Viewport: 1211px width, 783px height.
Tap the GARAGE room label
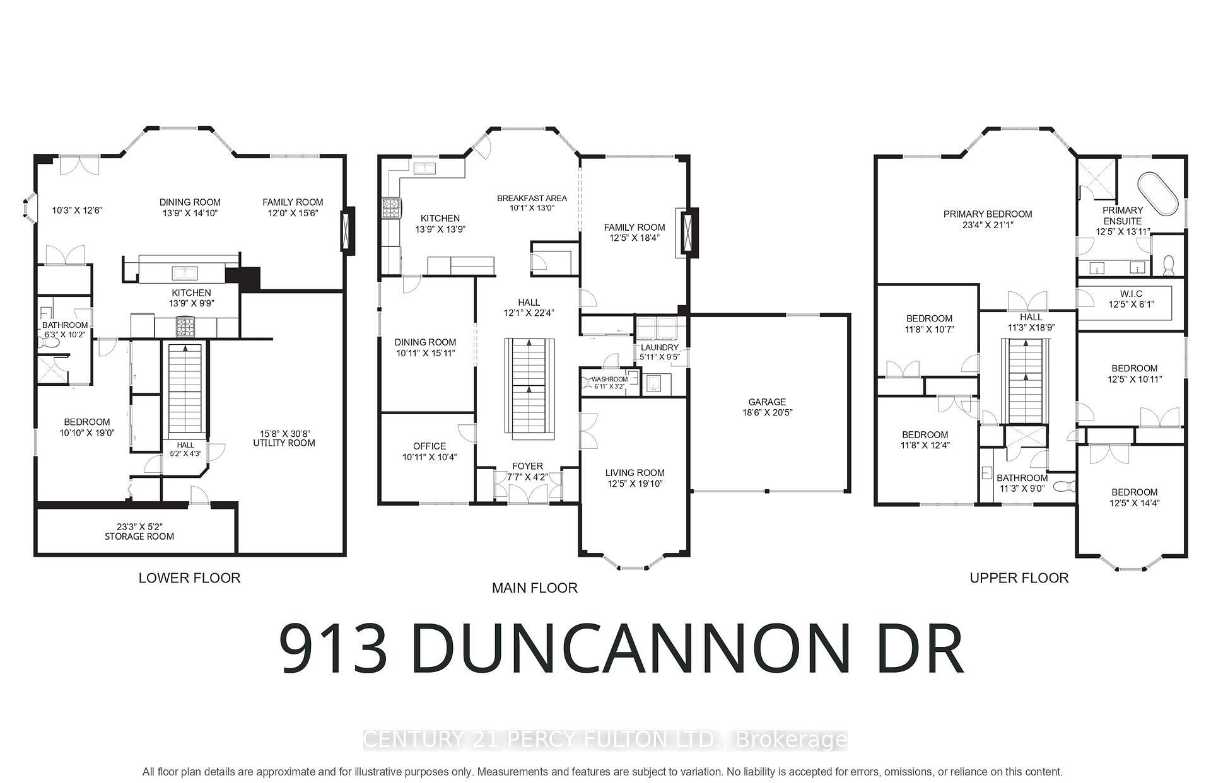[x=767, y=402]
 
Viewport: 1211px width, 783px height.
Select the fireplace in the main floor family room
[x=686, y=233]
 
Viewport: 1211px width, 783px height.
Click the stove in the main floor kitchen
[x=391, y=208]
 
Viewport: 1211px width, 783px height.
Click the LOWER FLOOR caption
[x=189, y=577]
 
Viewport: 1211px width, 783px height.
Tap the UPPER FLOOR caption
[x=1019, y=578]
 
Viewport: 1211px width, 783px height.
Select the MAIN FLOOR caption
[x=534, y=588]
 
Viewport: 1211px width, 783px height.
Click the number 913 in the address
[x=334, y=649]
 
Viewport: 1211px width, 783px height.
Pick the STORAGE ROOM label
[x=139, y=536]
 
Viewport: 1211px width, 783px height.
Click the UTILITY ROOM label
[x=284, y=443]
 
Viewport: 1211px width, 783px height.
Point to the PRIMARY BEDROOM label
[x=988, y=214]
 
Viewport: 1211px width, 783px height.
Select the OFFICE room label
[x=430, y=446]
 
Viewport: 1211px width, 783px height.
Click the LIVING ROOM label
[x=635, y=473]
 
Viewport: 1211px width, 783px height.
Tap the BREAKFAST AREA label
[x=532, y=198]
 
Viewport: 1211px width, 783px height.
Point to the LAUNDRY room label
[x=659, y=347]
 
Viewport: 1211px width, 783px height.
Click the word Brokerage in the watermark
[x=792, y=739]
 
